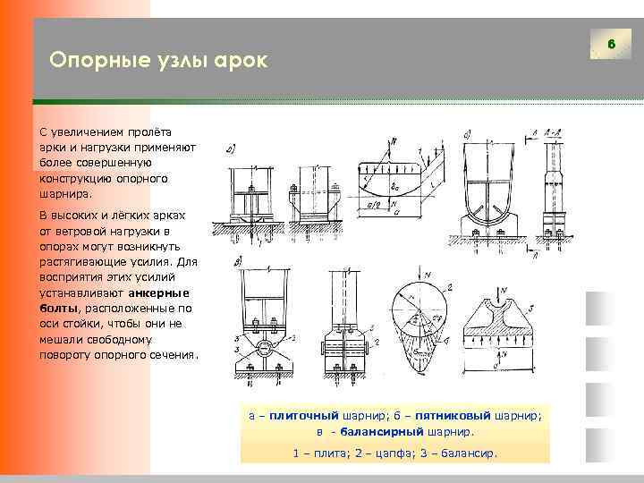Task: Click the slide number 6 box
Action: (612, 44)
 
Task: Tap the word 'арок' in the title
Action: (240, 60)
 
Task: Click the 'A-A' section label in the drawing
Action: (554, 132)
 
